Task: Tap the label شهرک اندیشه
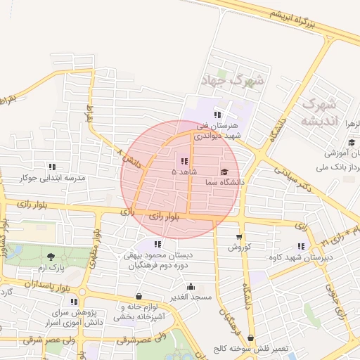tap(321, 112)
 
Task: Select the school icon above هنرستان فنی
tap(218, 115)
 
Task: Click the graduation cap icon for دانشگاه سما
tap(224, 172)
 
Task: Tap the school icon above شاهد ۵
tap(184, 162)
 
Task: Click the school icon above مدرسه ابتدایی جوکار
tap(52, 167)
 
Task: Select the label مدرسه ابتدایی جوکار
tap(52, 178)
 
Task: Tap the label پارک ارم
tap(50, 268)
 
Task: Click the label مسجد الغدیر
tap(191, 297)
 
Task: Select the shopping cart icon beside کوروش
tap(239, 237)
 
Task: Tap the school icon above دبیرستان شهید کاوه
tap(302, 246)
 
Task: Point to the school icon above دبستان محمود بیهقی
tap(158, 243)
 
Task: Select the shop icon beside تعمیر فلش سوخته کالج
tap(251, 338)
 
